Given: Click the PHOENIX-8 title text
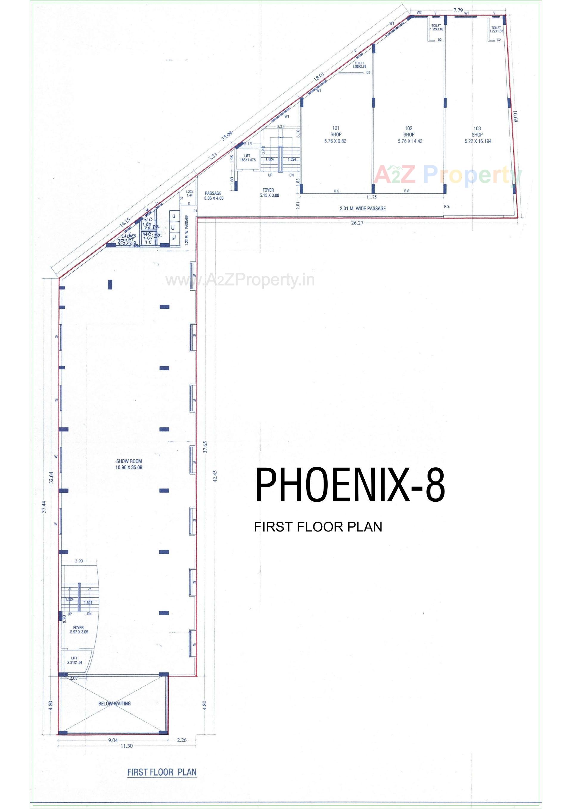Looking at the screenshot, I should pyautogui.click(x=350, y=485).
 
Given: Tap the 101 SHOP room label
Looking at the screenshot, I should pyautogui.click(x=336, y=135).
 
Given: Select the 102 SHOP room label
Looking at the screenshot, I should pyautogui.click(x=408, y=135).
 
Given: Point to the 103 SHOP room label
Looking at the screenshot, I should pyautogui.click(x=477, y=135).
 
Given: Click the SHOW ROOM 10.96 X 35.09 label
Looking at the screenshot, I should pyautogui.click(x=129, y=464).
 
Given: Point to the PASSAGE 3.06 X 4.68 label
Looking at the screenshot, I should pyautogui.click(x=213, y=196).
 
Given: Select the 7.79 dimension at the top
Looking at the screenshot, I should pyautogui.click(x=458, y=10).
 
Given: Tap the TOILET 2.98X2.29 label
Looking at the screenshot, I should pyautogui.click(x=359, y=64).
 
